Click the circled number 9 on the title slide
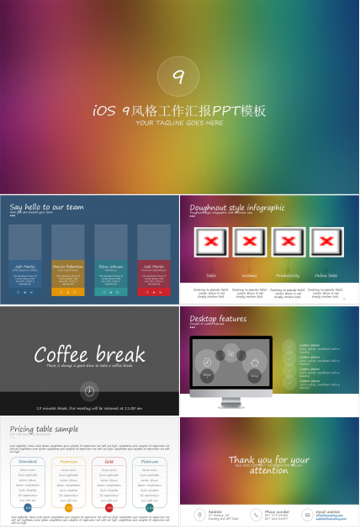click(x=178, y=77)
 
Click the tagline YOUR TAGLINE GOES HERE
click(x=180, y=123)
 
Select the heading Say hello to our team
click(x=46, y=206)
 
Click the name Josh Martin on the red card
click(x=153, y=265)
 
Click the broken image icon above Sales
click(x=211, y=242)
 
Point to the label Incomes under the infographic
click(x=250, y=275)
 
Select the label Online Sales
click(x=326, y=275)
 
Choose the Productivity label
click(x=288, y=275)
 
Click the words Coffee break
click(x=89, y=353)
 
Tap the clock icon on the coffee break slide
click(x=89, y=390)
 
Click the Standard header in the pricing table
click(x=28, y=461)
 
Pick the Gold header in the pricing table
click(x=109, y=461)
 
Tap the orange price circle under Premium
click(x=68, y=507)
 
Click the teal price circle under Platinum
click(x=149, y=507)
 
